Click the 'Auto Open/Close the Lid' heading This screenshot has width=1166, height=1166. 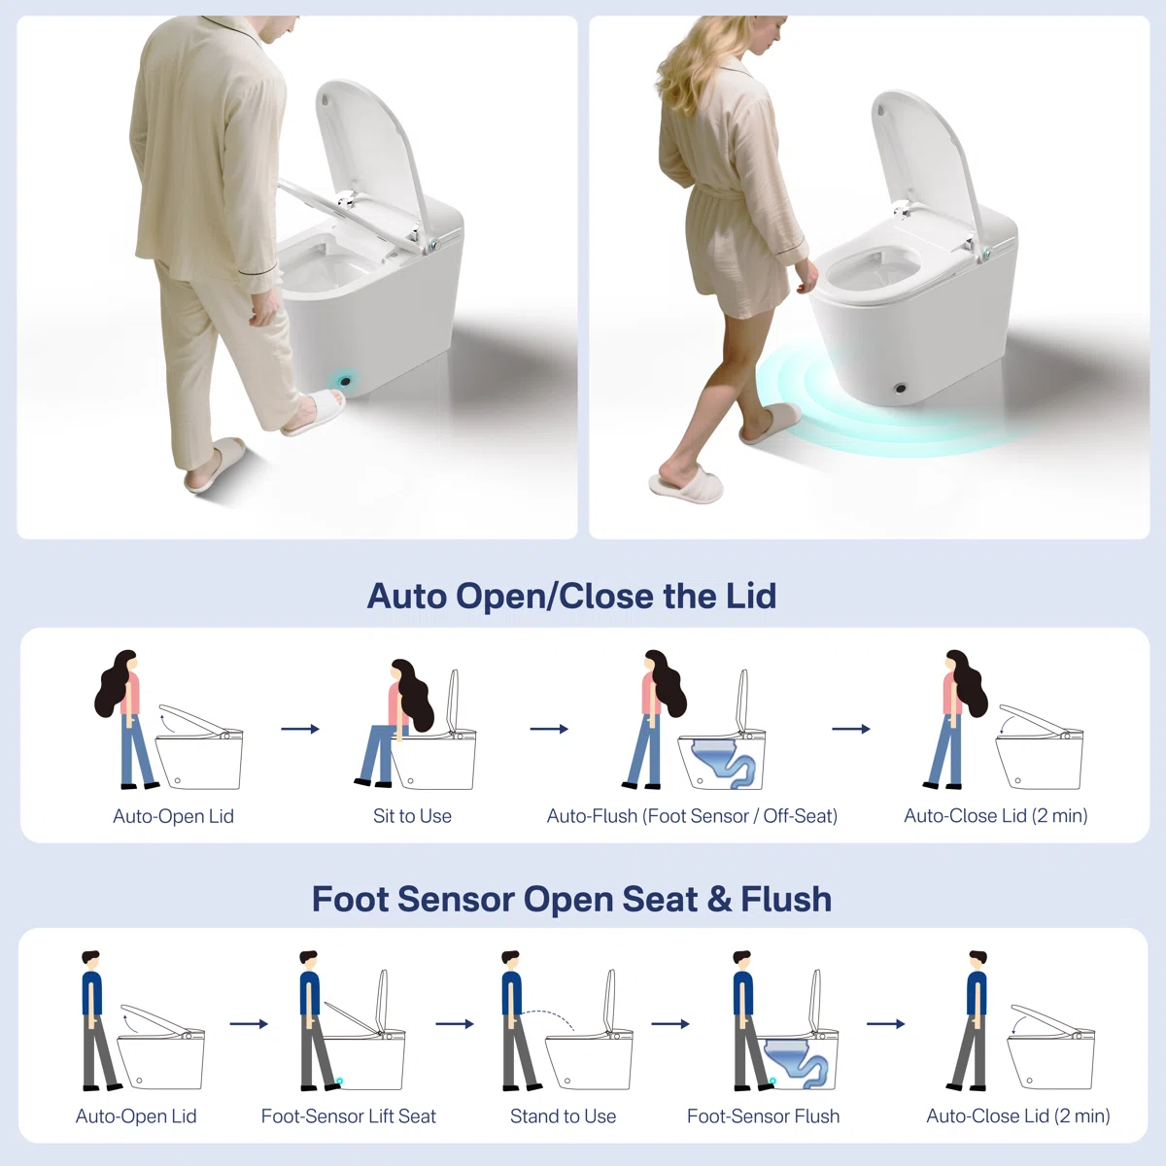571,596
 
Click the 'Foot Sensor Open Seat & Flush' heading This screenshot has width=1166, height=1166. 571,899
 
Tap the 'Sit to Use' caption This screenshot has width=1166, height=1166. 412,815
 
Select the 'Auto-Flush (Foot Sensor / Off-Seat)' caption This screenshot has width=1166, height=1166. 692,815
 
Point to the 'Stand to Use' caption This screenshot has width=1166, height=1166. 563,1116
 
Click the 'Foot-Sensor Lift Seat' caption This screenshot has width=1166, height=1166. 348,1116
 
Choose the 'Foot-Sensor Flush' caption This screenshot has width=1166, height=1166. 763,1116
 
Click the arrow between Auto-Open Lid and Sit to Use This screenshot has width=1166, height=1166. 300,729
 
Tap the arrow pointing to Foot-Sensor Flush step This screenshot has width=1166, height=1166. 670,1024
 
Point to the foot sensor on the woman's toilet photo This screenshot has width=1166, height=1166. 900,388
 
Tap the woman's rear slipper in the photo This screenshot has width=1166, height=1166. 686,484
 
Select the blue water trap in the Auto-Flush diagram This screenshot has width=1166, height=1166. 724,763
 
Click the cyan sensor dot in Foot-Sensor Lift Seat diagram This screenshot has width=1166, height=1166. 339,1081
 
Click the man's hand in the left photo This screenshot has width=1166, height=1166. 264,309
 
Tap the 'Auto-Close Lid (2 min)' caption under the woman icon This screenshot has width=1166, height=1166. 995,815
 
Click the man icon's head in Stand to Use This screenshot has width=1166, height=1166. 510,960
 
